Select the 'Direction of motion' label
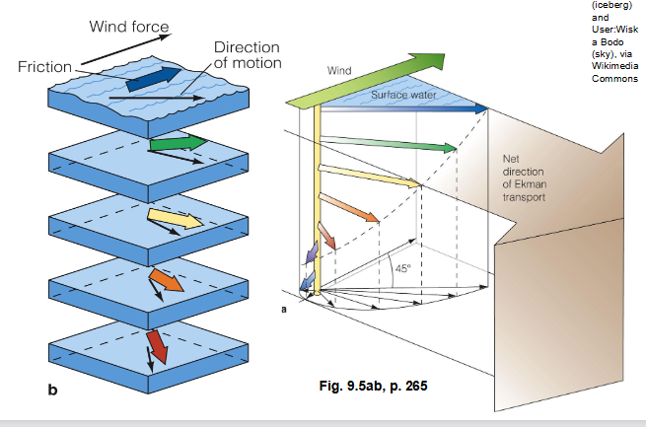[x=247, y=56]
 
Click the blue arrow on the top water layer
[x=154, y=78]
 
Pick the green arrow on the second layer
[x=179, y=144]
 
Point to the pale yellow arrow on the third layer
[x=174, y=218]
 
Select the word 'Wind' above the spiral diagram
[x=340, y=70]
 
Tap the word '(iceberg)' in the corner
[x=613, y=5]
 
